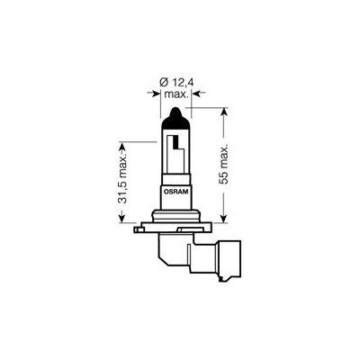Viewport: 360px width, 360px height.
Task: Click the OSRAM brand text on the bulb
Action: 175,192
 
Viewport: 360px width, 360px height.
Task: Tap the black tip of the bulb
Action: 175,118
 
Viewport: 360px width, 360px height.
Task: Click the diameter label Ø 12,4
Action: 175,82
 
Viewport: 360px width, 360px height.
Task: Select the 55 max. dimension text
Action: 224,165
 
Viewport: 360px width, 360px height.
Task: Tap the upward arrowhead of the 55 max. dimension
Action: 224,112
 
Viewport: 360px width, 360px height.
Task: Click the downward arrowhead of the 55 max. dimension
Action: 224,218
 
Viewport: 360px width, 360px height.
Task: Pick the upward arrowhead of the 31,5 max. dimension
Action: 121,148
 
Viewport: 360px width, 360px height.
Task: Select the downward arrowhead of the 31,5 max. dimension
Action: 121,218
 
